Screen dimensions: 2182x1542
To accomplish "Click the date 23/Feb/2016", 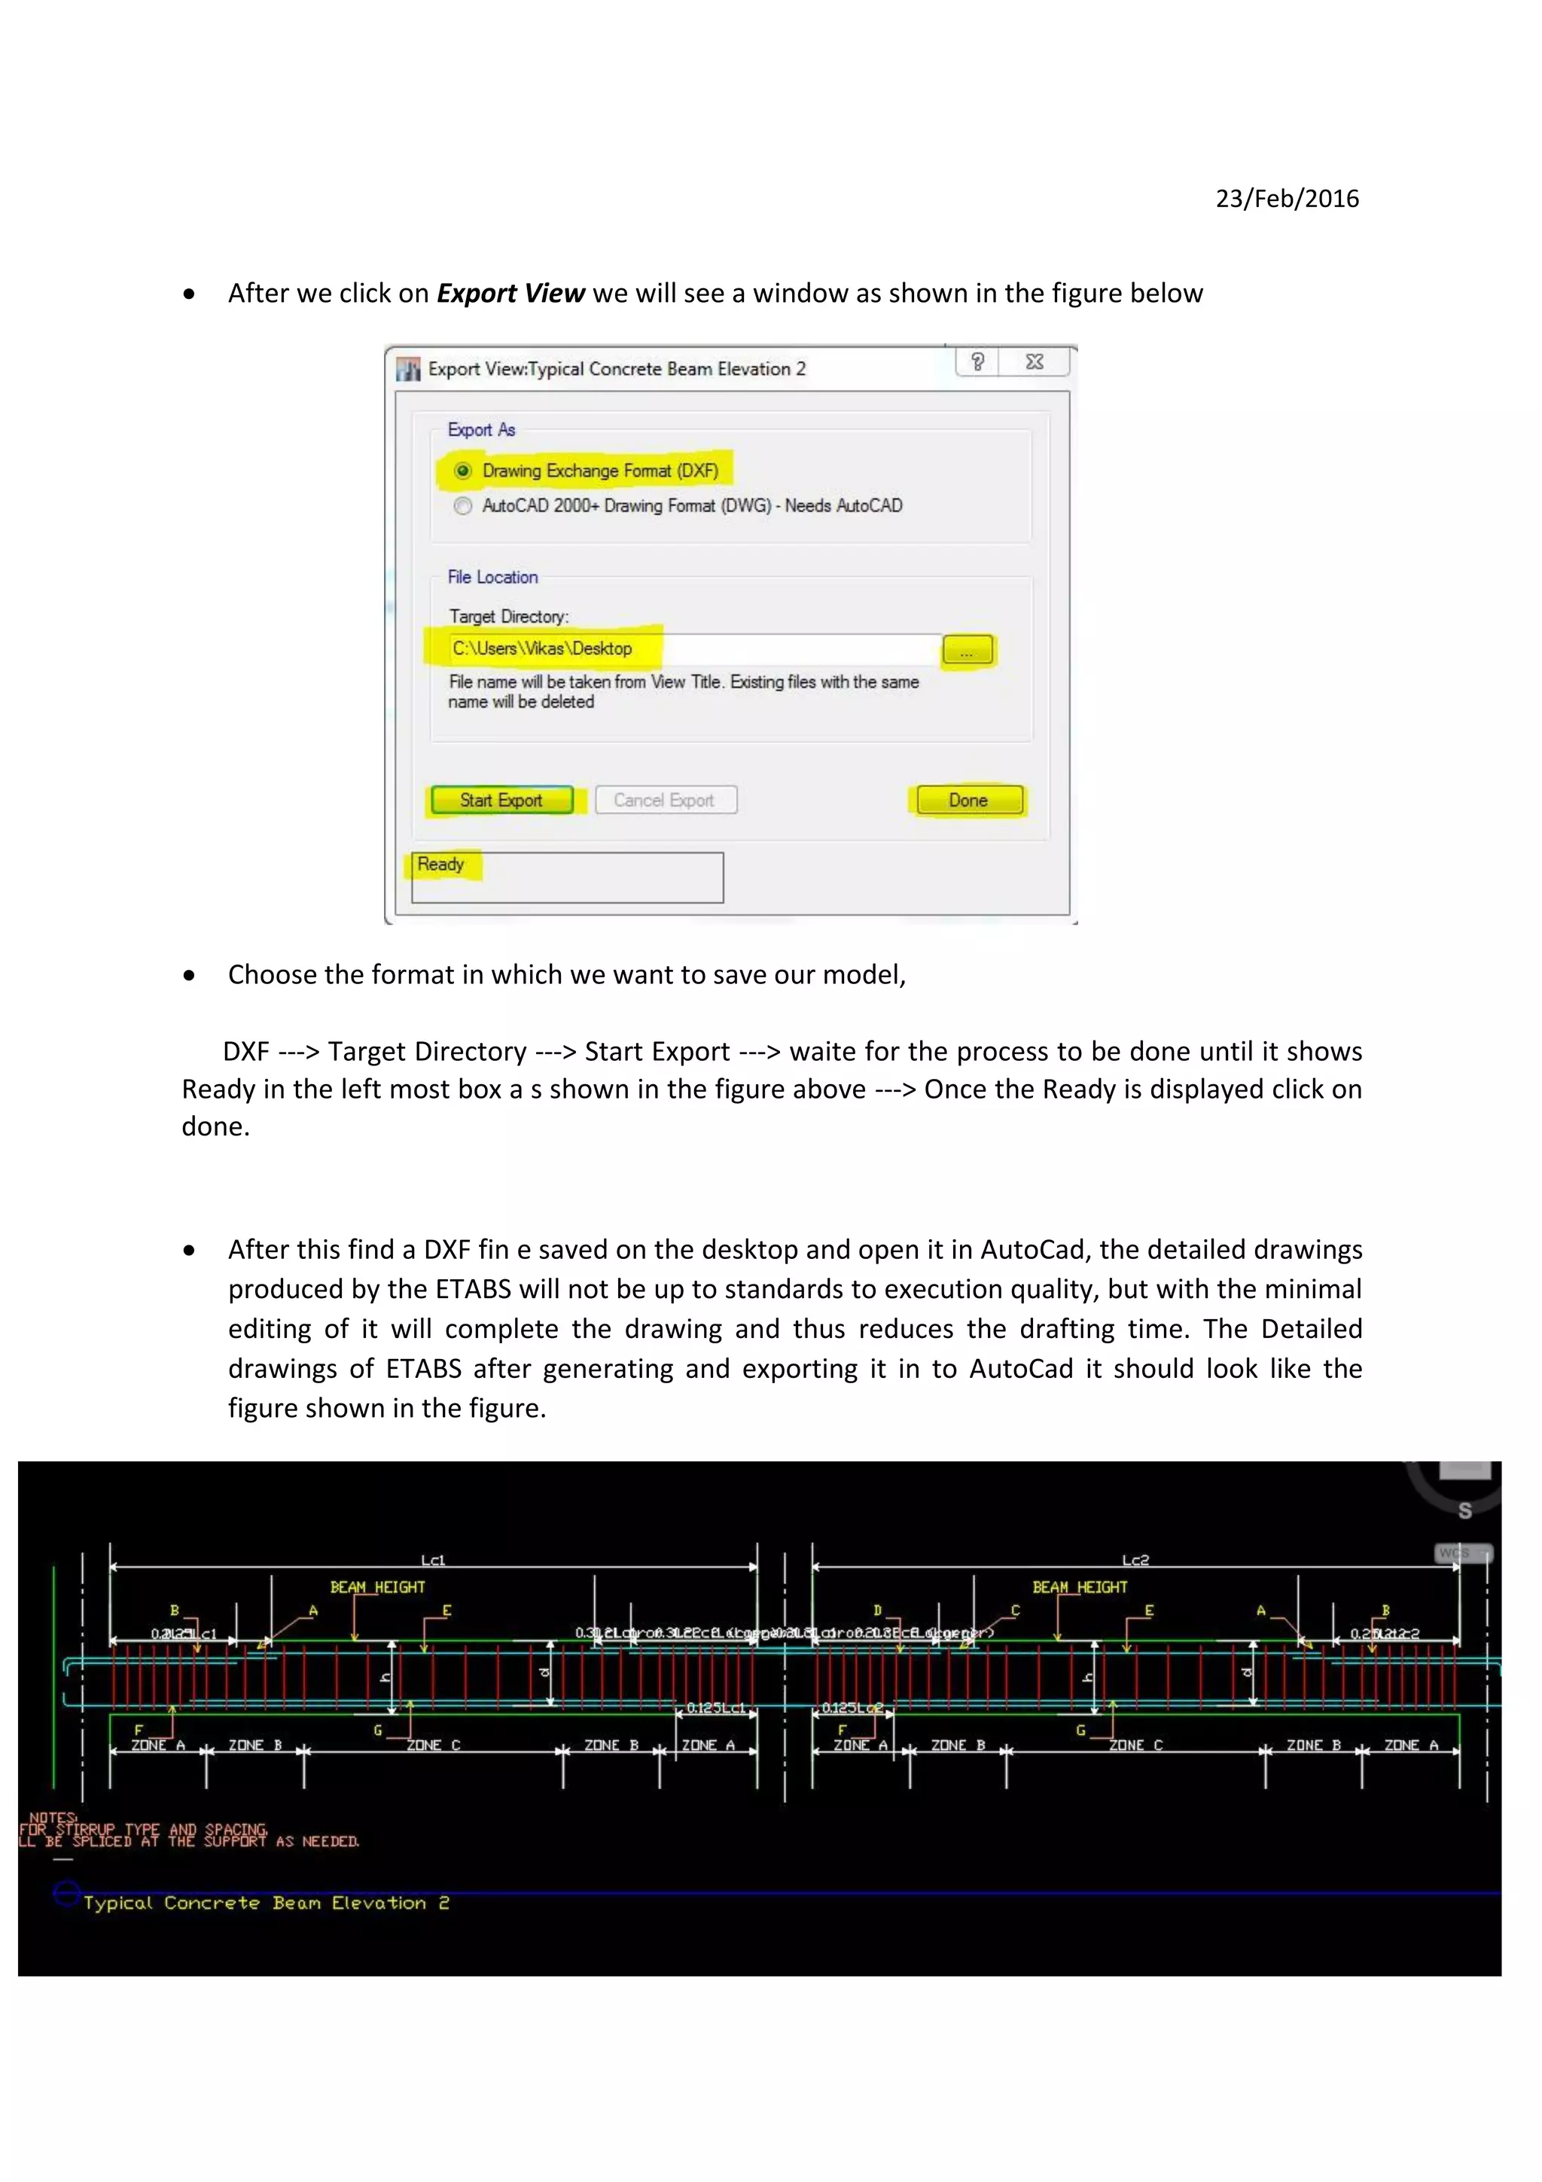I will click(x=1287, y=199).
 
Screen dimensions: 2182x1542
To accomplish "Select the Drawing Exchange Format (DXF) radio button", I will click(x=464, y=471).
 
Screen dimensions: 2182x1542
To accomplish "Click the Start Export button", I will click(x=501, y=800).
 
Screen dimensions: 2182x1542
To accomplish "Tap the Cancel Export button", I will click(x=665, y=800).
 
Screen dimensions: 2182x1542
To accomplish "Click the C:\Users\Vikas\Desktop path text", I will click(x=541, y=649).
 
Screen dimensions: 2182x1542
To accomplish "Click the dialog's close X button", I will click(x=1035, y=362).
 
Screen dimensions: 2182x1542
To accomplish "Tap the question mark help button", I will click(x=977, y=362).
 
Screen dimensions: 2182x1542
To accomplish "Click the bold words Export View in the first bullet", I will click(x=510, y=294).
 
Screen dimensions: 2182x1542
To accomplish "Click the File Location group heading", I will click(x=492, y=577).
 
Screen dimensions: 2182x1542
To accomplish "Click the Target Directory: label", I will click(x=508, y=617).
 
